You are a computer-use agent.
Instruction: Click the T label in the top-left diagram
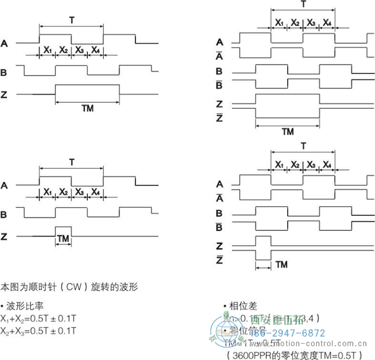[x=71, y=20]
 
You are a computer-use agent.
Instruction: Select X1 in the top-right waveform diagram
[x=279, y=22]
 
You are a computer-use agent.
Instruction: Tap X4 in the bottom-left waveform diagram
[x=95, y=191]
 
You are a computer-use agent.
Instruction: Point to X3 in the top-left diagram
[x=79, y=50]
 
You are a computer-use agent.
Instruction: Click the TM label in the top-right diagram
[x=287, y=131]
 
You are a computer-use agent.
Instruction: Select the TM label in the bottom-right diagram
[x=281, y=265]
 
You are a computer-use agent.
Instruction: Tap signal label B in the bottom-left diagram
[x=5, y=214]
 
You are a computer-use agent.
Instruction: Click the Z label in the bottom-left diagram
[x=5, y=236]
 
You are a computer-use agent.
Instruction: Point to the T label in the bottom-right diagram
[x=303, y=145]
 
